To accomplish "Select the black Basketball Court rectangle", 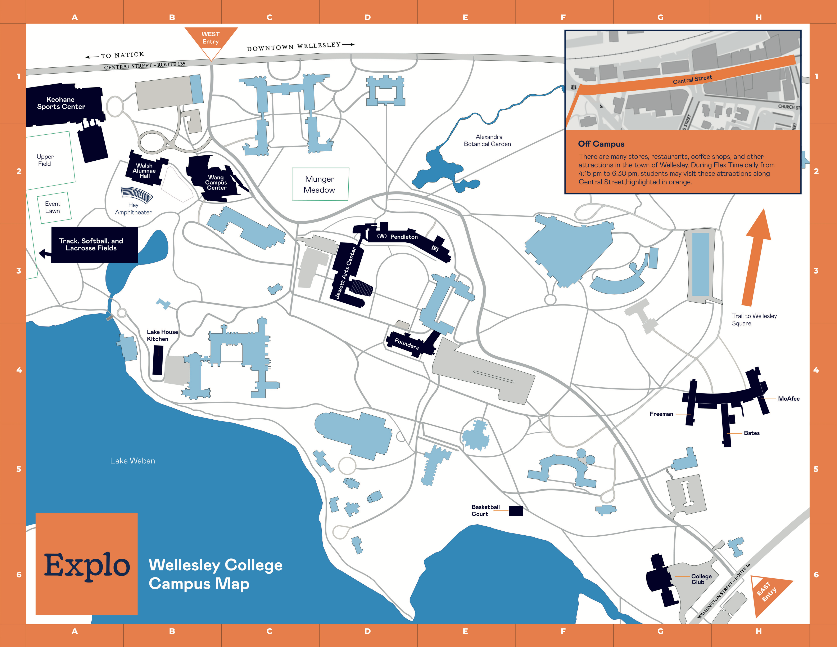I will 515,511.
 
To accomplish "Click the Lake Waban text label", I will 133,461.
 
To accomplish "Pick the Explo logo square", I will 87,564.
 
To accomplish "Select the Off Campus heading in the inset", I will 601,144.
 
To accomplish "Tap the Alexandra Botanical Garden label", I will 487,140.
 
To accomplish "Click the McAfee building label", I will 788,398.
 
